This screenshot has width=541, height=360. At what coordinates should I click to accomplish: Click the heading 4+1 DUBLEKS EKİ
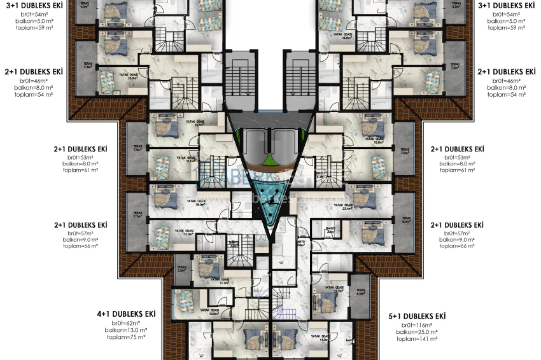click(126, 314)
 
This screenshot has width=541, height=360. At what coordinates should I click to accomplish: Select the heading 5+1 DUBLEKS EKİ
click(417, 316)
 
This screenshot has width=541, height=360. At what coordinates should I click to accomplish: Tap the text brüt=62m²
click(126, 323)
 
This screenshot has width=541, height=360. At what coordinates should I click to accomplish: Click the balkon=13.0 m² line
click(126, 330)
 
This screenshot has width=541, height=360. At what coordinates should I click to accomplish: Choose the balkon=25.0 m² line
click(417, 332)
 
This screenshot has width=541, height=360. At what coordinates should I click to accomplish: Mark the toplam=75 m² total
click(126, 337)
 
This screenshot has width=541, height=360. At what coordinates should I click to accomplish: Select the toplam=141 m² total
click(417, 339)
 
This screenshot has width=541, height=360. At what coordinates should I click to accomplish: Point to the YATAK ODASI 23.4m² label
click(348, 205)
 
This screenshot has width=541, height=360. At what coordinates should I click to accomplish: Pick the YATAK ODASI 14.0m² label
click(323, 339)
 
